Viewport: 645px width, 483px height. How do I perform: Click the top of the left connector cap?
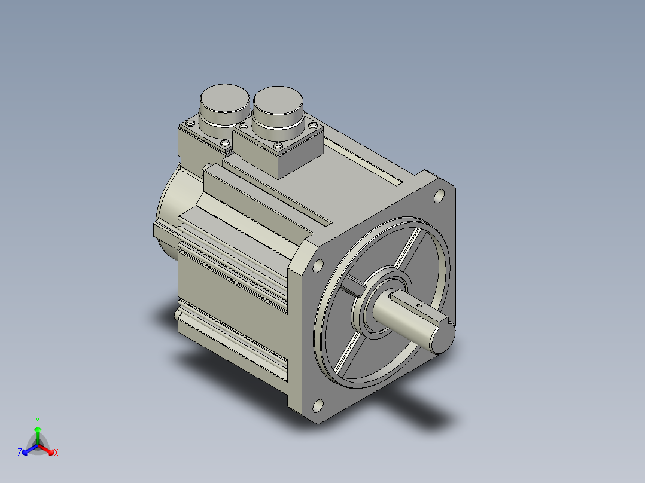click(x=224, y=98)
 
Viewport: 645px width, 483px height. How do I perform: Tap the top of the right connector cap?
click(x=278, y=100)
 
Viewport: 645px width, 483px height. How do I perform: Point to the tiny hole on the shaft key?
click(x=419, y=305)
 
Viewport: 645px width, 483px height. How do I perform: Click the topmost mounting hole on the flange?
click(x=439, y=197)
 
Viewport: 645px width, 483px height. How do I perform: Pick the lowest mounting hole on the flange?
click(x=318, y=406)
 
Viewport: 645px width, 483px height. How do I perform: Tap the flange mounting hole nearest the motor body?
click(x=318, y=266)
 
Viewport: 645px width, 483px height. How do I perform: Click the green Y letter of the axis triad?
click(x=38, y=420)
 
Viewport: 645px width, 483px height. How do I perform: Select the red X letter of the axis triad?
click(x=56, y=453)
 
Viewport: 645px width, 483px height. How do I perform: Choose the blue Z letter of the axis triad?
click(x=20, y=452)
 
